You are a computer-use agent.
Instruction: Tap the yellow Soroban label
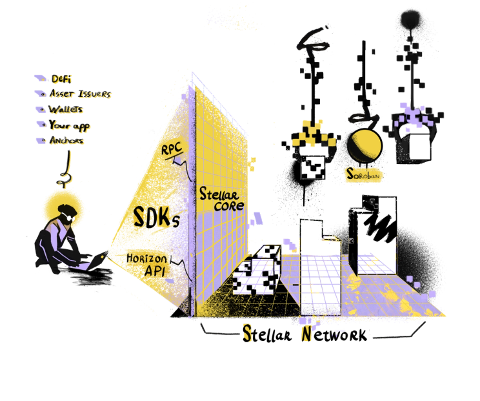[362, 174]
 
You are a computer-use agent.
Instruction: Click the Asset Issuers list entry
[81, 94]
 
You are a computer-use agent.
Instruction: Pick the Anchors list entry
[68, 139]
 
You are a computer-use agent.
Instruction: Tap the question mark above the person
[64, 181]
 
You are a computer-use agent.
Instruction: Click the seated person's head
[64, 212]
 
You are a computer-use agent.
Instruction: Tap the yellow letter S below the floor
[247, 333]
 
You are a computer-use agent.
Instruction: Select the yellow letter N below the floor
[306, 334]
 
